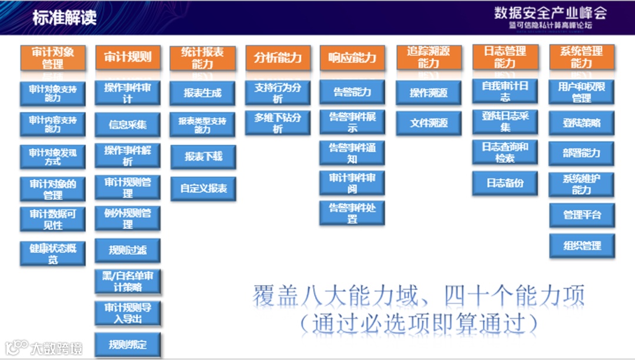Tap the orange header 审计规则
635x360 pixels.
tap(128, 57)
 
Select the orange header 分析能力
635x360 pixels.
tap(278, 58)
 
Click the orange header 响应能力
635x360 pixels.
tap(352, 58)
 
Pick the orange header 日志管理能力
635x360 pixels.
tap(505, 57)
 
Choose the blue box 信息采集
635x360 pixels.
tap(128, 124)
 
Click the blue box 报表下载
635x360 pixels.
tap(203, 156)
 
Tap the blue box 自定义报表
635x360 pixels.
tap(203, 189)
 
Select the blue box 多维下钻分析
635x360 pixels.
tap(278, 123)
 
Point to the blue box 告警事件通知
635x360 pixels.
tap(352, 153)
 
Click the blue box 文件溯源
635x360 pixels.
tap(429, 123)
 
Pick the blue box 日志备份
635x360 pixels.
tap(505, 183)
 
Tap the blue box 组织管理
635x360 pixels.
tap(582, 245)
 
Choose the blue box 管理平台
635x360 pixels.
tap(582, 215)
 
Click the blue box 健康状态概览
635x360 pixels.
tap(53, 254)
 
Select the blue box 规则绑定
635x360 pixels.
tap(128, 345)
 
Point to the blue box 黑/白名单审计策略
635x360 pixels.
tap(128, 282)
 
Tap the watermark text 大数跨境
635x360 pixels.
tap(56, 348)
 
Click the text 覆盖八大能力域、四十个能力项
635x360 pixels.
tap(419, 296)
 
